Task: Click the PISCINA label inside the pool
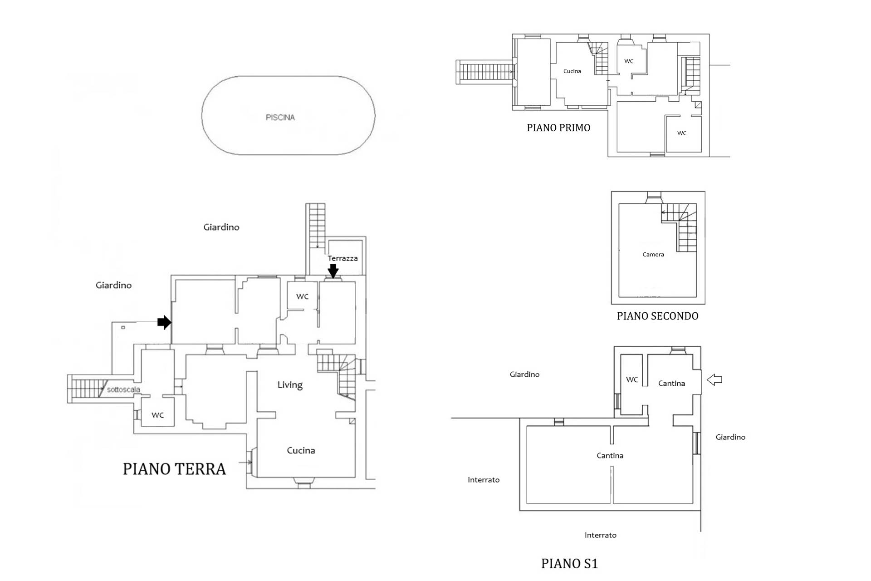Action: pyautogui.click(x=280, y=117)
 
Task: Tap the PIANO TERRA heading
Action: pyautogui.click(x=174, y=469)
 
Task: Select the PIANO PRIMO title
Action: pyautogui.click(x=558, y=128)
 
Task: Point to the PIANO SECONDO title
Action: pyautogui.click(x=657, y=316)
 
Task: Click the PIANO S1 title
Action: pyautogui.click(x=569, y=563)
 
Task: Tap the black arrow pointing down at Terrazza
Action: pyautogui.click(x=333, y=271)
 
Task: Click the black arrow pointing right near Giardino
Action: pyautogui.click(x=164, y=322)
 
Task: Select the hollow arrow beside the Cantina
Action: pyautogui.click(x=714, y=379)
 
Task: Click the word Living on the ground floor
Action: pyautogui.click(x=290, y=385)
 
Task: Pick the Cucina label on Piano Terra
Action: pyautogui.click(x=301, y=450)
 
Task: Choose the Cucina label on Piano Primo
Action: pyautogui.click(x=572, y=71)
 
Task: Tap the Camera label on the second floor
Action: pyautogui.click(x=653, y=254)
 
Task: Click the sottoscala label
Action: pyautogui.click(x=123, y=389)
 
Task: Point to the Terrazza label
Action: pyautogui.click(x=343, y=258)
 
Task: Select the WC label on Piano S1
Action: pyautogui.click(x=632, y=379)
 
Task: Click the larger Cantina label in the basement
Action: pyautogui.click(x=610, y=455)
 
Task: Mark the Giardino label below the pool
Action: pyautogui.click(x=221, y=227)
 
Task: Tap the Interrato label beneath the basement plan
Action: pyautogui.click(x=600, y=535)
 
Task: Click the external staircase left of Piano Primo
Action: pyautogui.click(x=484, y=72)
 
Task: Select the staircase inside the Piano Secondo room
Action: pyautogui.click(x=679, y=227)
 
